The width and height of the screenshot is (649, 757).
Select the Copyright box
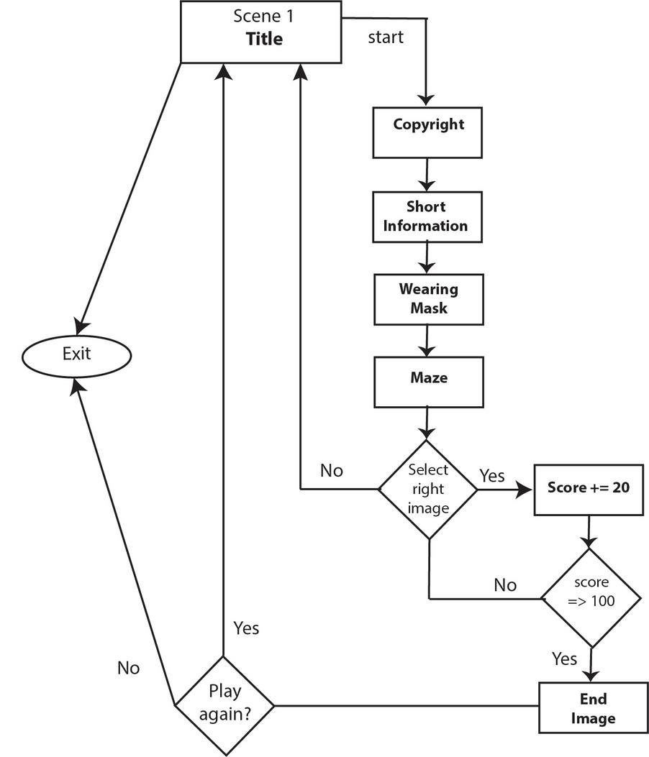[427, 132]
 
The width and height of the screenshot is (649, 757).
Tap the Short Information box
[427, 216]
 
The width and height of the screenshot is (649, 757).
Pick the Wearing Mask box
[427, 298]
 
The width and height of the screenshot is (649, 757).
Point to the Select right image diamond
[428, 489]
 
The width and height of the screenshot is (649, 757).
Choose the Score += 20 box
[588, 489]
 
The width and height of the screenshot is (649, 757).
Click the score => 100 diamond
[591, 598]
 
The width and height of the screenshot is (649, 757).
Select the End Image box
[593, 708]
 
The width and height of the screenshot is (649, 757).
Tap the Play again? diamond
[224, 705]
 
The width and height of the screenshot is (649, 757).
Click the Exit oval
[76, 354]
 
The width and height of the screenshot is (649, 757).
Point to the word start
[386, 37]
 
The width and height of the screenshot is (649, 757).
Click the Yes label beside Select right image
[492, 475]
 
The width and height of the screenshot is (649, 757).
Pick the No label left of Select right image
[332, 471]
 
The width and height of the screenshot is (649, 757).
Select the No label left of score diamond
[505, 585]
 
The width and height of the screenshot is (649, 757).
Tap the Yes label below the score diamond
[564, 659]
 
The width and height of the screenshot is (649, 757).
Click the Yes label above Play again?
[246, 628]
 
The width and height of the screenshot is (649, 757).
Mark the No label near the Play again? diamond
[128, 668]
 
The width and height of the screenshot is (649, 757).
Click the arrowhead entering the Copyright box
[427, 101]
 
